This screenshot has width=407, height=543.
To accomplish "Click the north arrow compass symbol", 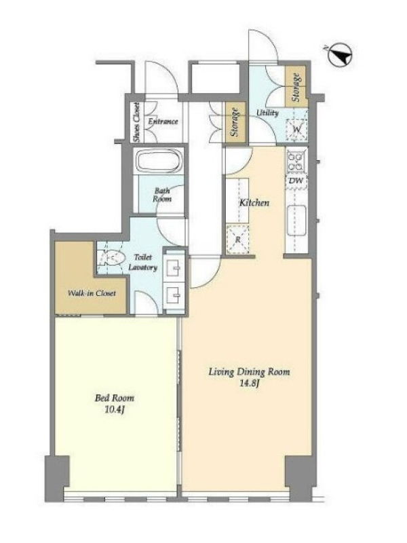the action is (340, 55).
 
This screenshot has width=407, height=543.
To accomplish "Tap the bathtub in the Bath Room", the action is (159, 161).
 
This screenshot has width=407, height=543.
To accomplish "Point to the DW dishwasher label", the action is (296, 180).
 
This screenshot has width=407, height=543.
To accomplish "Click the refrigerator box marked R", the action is (238, 239).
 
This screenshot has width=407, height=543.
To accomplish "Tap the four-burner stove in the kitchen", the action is (296, 162).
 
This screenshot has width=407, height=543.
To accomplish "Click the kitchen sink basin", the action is (296, 220).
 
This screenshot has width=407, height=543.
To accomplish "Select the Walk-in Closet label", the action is (92, 293).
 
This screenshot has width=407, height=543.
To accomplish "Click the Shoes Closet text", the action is (137, 122).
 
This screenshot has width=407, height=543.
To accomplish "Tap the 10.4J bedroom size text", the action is (114, 410).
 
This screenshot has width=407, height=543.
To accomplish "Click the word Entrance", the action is (163, 121).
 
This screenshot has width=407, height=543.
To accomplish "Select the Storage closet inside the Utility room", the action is (296, 87).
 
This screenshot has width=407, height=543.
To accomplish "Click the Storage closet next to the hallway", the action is (235, 122).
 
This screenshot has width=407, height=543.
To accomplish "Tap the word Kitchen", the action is (254, 202).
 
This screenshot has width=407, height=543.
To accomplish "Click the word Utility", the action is (267, 113).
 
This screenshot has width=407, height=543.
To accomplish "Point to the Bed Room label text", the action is (114, 398).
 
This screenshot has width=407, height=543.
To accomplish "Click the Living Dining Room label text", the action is (249, 372).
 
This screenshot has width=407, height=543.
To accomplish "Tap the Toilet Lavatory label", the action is (143, 262).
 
